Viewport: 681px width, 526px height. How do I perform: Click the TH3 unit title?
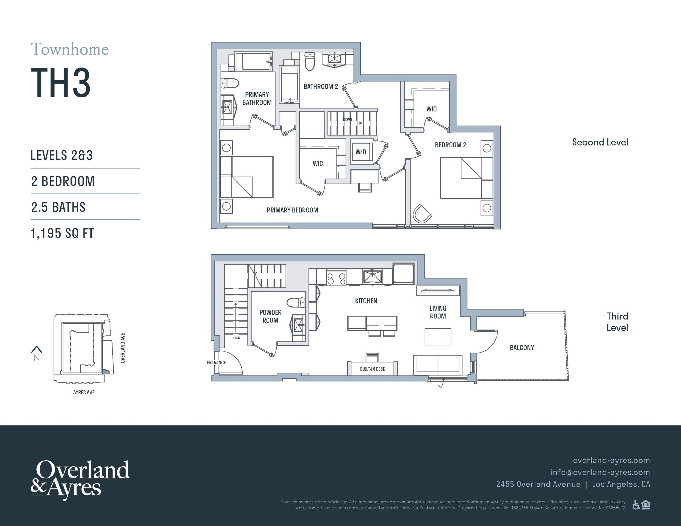[x=61, y=83]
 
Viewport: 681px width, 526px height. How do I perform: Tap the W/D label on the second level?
[x=361, y=152]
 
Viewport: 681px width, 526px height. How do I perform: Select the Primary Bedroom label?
[x=292, y=210]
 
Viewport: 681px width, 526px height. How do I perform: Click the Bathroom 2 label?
[x=321, y=87]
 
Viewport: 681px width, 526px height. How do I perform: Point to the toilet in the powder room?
[x=296, y=302]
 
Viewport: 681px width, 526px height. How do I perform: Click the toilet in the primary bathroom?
[x=230, y=83]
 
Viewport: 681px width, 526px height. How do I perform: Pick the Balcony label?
[x=522, y=348]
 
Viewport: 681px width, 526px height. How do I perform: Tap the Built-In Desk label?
[x=373, y=369]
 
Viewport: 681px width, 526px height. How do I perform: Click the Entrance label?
[x=216, y=363]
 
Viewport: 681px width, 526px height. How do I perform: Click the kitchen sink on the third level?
[x=372, y=277]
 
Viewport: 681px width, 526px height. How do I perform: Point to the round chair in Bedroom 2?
[x=422, y=214]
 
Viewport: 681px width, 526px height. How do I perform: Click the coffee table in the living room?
[x=438, y=337]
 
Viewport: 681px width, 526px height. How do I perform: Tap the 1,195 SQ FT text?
[x=62, y=233]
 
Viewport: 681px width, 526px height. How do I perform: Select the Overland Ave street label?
[x=123, y=348]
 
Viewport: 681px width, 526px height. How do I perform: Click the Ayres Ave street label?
[x=84, y=392]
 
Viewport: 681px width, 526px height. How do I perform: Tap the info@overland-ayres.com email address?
[x=600, y=472]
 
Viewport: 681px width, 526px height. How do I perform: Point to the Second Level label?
[x=600, y=142]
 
